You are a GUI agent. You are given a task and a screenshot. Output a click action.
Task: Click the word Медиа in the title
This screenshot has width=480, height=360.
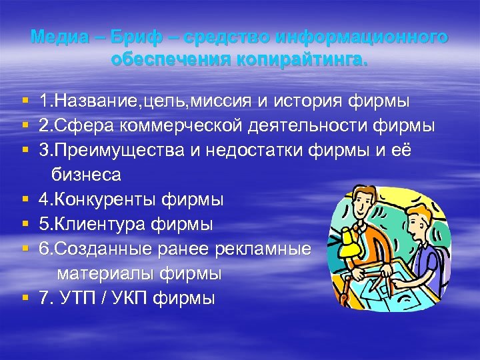click(x=55, y=37)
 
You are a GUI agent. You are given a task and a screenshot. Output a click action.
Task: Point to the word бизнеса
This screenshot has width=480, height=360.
click(x=86, y=175)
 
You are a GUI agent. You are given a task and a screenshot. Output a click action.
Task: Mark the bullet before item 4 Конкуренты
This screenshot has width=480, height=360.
click(x=25, y=199)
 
